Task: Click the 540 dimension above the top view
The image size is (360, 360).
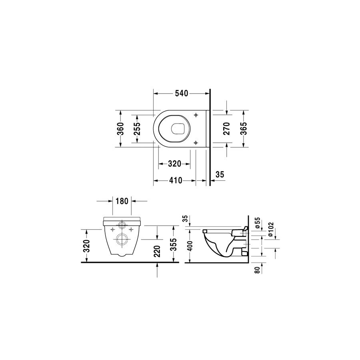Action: click(181, 94)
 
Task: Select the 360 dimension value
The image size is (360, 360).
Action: click(121, 128)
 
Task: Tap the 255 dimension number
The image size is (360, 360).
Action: click(137, 128)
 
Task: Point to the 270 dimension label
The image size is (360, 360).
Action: click(226, 128)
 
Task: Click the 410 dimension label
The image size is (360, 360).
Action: click(176, 180)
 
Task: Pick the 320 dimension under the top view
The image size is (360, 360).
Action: click(175, 164)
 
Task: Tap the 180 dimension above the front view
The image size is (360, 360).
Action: click(122, 201)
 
